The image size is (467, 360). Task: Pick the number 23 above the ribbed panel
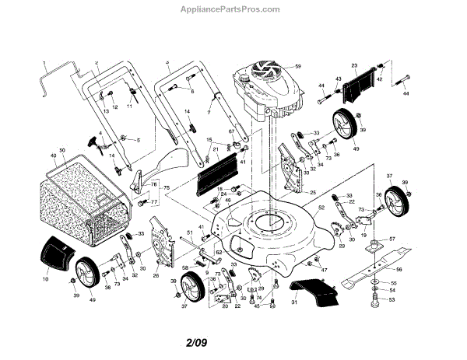[354, 65]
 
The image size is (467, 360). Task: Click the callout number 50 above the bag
[62, 148]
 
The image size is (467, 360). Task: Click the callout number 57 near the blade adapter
[393, 239]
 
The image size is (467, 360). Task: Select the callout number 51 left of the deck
[189, 232]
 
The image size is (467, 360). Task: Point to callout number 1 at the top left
[44, 61]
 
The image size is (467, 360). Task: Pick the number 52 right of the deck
[321, 208]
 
